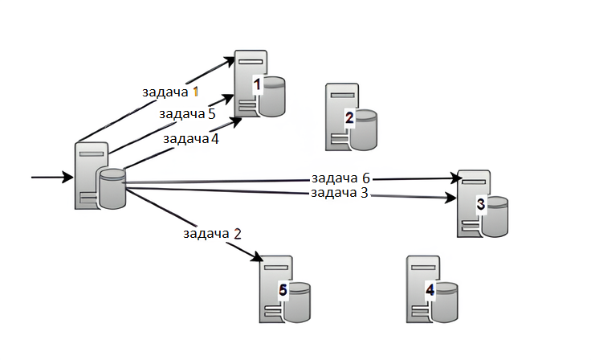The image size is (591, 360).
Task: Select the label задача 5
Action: (187, 114)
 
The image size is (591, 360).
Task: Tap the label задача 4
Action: (191, 138)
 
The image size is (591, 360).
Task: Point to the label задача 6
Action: (340, 177)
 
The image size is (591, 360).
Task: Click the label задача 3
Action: (340, 193)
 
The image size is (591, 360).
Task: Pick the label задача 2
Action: (212, 234)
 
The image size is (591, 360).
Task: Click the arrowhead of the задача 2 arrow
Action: (259, 258)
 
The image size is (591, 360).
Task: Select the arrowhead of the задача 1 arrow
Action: (234, 57)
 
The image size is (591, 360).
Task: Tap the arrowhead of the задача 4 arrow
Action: (238, 121)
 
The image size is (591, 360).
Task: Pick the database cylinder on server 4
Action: (442, 299)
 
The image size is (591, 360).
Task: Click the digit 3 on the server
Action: (480, 204)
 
